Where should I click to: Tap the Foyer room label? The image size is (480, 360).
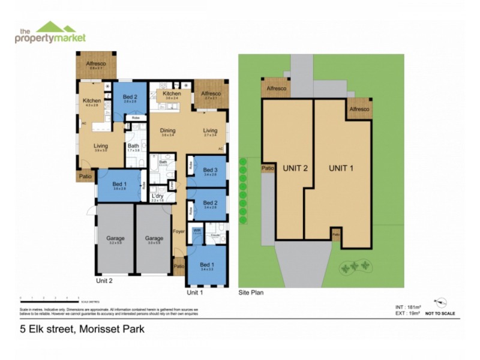pos(179,230)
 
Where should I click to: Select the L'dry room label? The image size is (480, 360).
pos(158,196)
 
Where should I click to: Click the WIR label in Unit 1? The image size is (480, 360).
pos(196,230)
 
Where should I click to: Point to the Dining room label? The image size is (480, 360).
pos(167,131)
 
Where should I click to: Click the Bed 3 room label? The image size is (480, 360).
pos(210,170)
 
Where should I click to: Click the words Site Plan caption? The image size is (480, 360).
pos(251,293)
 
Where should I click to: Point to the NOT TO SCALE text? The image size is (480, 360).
pos(440,314)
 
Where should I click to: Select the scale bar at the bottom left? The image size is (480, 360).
pos(49,298)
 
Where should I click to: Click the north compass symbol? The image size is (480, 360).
pos(443,302)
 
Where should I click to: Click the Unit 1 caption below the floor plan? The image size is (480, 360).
pos(195,293)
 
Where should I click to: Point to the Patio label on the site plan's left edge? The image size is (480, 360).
pos(268,169)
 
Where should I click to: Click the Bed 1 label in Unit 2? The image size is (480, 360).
pos(119,184)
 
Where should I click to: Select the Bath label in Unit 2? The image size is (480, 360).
pos(133,146)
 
